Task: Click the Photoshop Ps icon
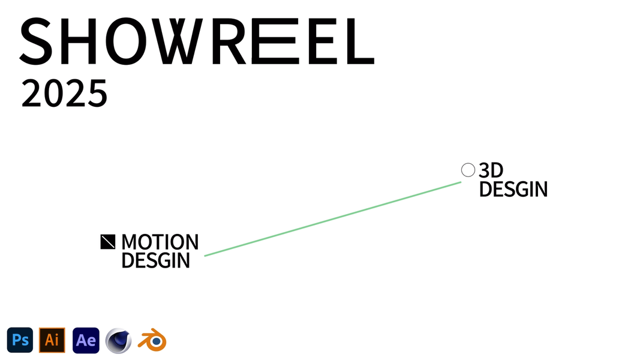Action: tap(20, 340)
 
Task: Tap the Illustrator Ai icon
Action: tap(52, 340)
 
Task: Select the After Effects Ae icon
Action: tap(86, 340)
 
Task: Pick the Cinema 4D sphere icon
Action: tap(118, 341)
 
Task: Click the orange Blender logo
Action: tap(152, 340)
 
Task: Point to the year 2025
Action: tap(64, 94)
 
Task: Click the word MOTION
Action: tap(160, 242)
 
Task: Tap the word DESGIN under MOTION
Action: tap(155, 260)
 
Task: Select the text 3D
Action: tap(491, 171)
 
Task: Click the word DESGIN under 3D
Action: tap(513, 190)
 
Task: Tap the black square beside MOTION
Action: tap(107, 241)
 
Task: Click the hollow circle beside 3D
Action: tap(468, 170)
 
